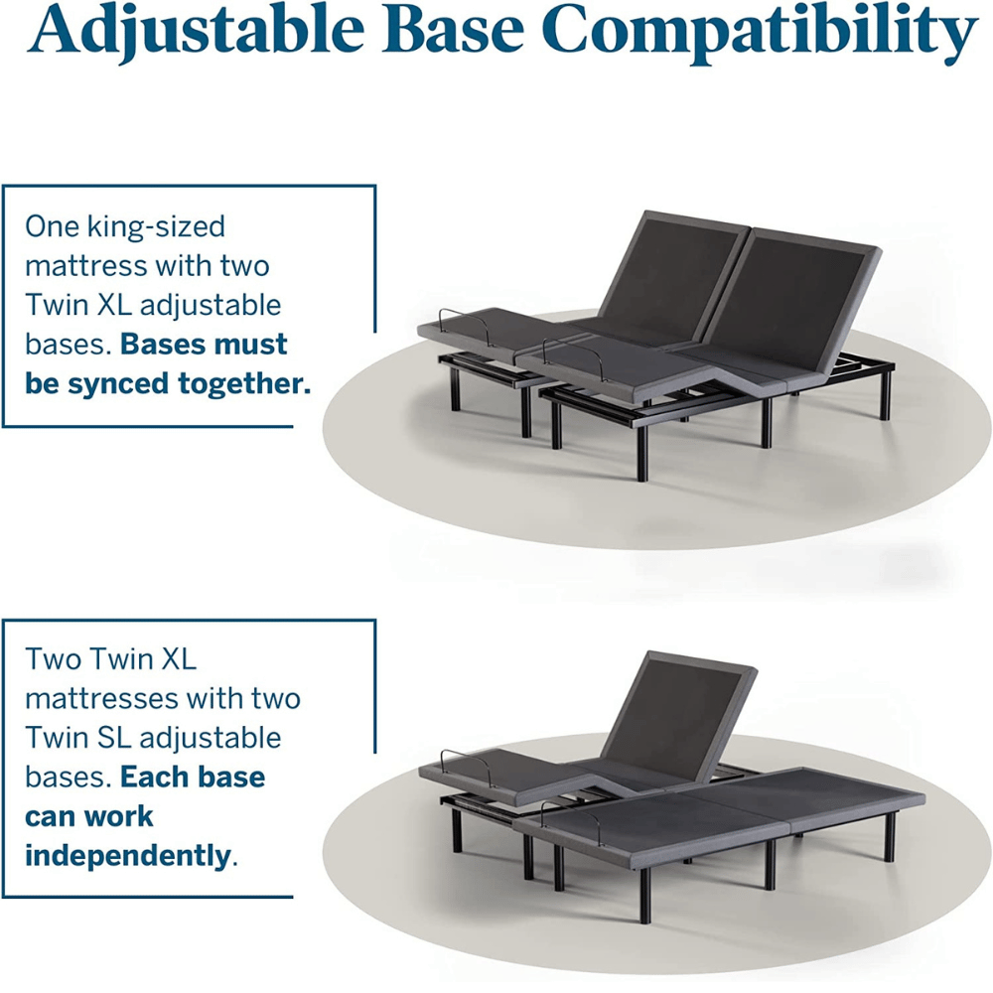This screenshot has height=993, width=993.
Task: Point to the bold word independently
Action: [x=126, y=855]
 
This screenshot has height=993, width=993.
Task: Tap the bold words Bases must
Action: [x=205, y=345]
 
